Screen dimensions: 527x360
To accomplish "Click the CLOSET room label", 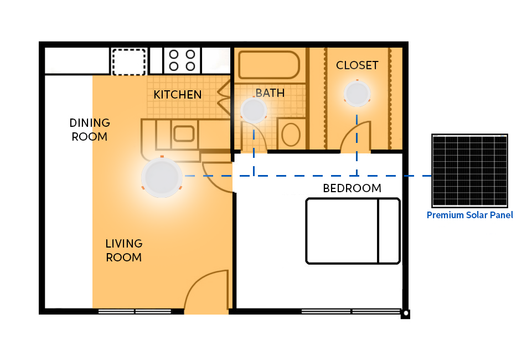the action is pos(357,65).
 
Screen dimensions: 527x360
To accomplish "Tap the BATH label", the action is pos(270,93).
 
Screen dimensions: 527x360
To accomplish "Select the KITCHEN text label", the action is pos(178,95).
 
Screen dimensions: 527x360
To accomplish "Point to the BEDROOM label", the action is pos(352,188).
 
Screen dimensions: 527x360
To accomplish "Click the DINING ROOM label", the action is pos(90,130).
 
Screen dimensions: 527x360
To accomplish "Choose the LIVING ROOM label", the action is pos(124,250).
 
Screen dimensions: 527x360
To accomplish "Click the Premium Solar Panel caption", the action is pos(469,215).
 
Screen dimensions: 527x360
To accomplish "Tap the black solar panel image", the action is pos(469,171).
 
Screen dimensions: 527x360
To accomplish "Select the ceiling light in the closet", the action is pos(357,94).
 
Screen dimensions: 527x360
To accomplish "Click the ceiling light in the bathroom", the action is pos(254,110).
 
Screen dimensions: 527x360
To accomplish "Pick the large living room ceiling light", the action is pos(162,177).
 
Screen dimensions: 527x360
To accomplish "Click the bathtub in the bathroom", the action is pos(269,65).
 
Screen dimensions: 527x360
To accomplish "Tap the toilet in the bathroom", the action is pos(291,134).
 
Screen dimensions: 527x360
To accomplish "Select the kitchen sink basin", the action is pos(184,133).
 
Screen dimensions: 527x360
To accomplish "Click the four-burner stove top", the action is pos(182,60).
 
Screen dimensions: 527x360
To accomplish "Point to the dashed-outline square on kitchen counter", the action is pos(129,62).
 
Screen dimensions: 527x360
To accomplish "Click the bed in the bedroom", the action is pos(353,231).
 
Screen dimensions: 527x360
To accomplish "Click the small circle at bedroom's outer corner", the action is pos(406,313).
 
